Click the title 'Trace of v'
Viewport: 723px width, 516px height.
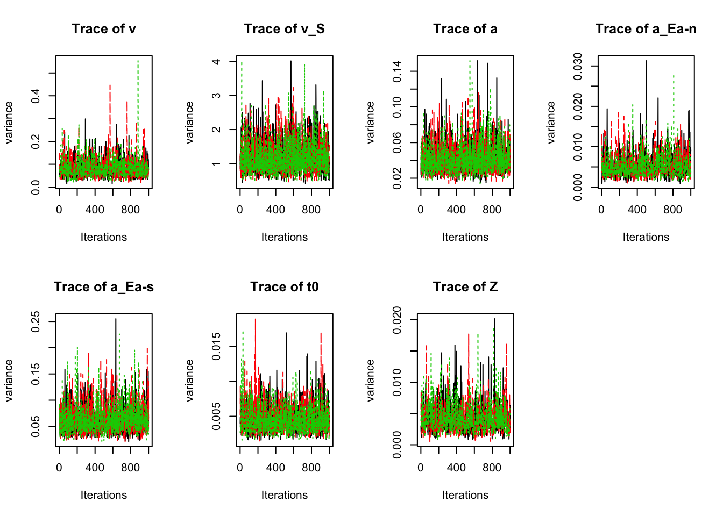pos(104,29)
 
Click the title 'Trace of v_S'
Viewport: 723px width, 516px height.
pos(284,29)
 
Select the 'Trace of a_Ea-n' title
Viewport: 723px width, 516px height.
pos(646,29)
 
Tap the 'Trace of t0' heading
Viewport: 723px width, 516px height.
pos(284,287)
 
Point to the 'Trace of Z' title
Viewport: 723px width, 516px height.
pos(465,287)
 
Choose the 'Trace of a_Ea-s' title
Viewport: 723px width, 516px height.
pos(104,287)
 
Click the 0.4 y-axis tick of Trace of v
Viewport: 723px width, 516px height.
pos(36,96)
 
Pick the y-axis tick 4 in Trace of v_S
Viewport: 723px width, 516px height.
pos(216,62)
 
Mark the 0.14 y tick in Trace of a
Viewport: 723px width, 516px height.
pos(397,71)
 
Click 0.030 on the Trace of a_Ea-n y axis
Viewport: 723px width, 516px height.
pos(578,66)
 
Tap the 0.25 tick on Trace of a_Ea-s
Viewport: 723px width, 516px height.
pos(36,321)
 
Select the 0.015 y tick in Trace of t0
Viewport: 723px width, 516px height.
pos(216,346)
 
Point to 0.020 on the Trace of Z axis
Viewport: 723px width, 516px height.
pos(397,320)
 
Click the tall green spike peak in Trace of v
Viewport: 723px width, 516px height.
pos(138,61)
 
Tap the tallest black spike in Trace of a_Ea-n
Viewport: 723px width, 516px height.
pos(646,61)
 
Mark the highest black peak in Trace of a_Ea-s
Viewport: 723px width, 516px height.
pos(116,319)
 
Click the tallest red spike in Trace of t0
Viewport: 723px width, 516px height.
pos(255,319)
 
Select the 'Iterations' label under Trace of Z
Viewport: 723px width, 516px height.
pos(465,495)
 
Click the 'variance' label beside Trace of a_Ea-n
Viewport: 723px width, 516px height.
pos(551,123)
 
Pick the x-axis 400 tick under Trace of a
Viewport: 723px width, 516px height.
pos(456,210)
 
